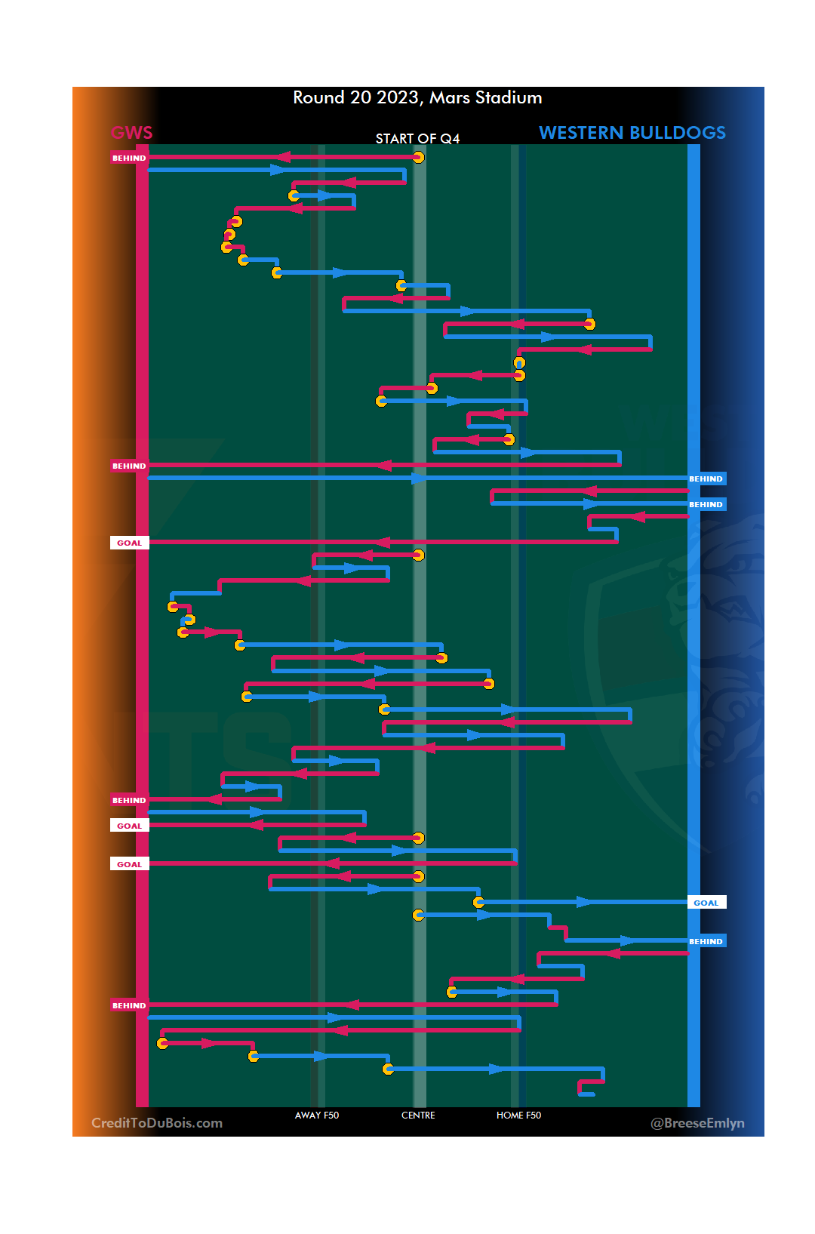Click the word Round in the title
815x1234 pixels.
[318, 98]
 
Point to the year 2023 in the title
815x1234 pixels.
[398, 98]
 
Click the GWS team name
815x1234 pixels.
[132, 133]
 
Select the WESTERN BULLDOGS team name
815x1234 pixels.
[632, 133]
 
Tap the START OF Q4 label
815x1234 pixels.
[417, 139]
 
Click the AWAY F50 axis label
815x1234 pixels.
[317, 1116]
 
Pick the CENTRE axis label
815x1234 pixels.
[418, 1116]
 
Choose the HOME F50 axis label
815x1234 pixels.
[518, 1116]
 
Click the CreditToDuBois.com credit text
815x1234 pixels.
[157, 1123]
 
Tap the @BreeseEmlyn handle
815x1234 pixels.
[697, 1123]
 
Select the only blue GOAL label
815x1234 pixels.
[706, 903]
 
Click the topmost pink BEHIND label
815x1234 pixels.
[129, 158]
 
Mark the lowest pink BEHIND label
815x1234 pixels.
[129, 1005]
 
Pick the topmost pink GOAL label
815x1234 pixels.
[129, 543]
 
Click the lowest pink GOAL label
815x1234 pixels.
[129, 864]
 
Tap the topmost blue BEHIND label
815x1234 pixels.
[706, 479]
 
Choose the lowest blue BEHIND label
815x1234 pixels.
[706, 941]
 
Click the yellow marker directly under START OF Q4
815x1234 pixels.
[418, 157]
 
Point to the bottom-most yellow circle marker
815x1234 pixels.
[388, 1069]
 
